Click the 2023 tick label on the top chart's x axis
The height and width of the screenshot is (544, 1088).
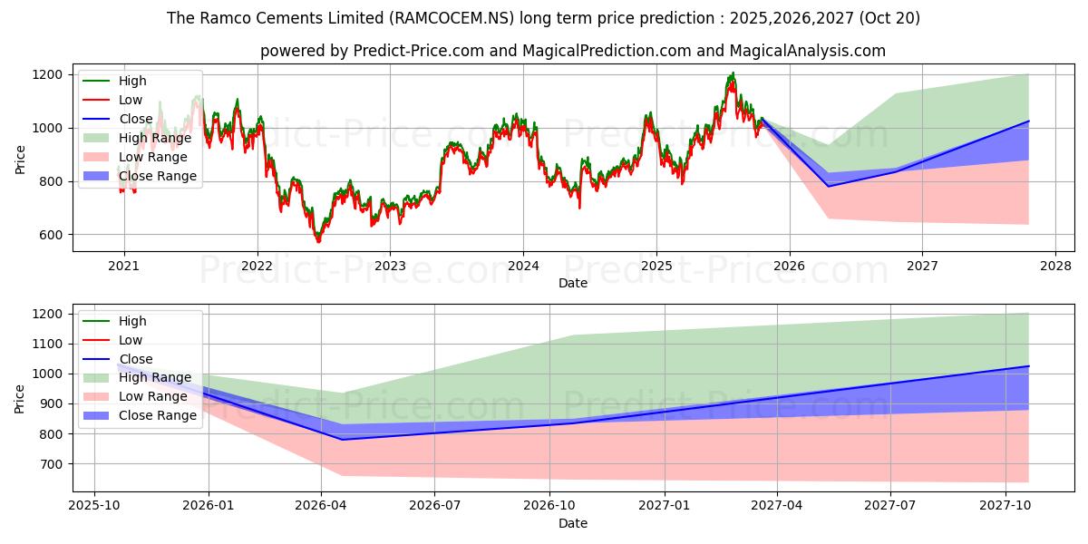(390, 266)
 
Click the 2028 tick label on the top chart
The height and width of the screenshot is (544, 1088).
(1055, 266)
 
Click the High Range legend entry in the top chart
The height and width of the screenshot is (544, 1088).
(155, 138)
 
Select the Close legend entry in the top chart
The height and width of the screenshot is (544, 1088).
(135, 119)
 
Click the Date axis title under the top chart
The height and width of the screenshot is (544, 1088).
(573, 283)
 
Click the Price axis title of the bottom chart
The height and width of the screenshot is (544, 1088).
(20, 397)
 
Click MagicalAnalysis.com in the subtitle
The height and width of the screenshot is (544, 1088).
(813, 51)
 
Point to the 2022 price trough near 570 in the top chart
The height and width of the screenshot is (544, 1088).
(317, 241)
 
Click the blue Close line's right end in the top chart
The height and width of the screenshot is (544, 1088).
(1028, 121)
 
